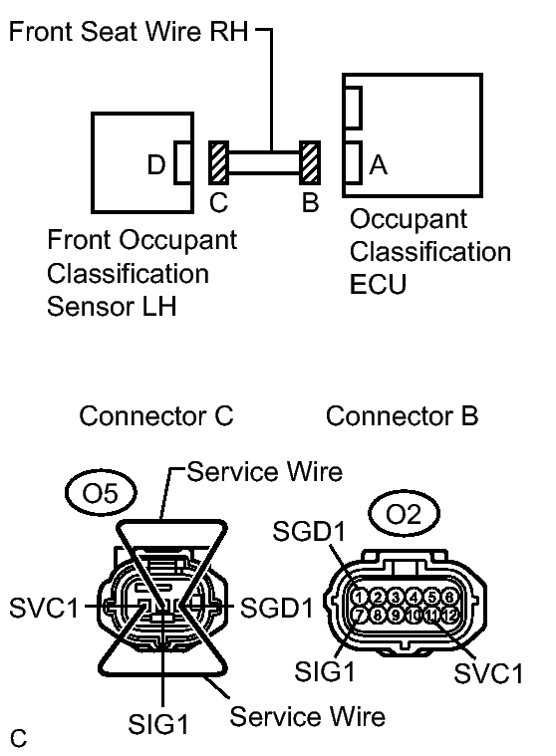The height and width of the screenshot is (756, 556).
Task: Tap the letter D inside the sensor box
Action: tap(156, 165)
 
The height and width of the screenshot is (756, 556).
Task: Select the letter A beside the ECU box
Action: tap(378, 165)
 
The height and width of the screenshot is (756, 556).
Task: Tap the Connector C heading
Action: tap(156, 414)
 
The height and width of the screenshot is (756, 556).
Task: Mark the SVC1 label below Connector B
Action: tap(489, 673)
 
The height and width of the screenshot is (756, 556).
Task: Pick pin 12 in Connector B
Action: tap(450, 615)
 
